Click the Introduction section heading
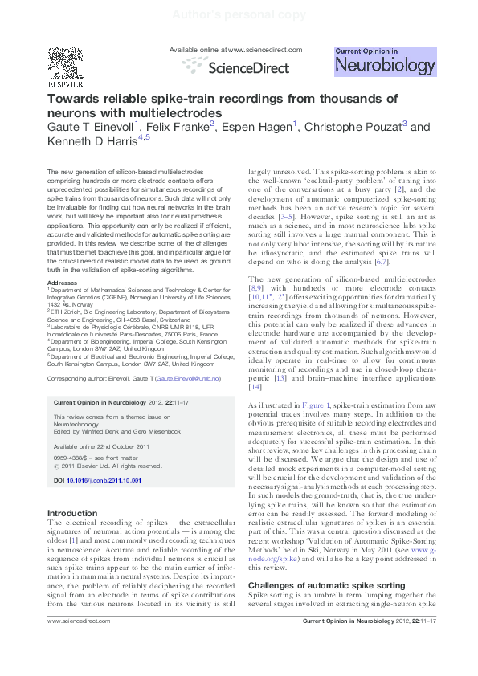pos(72,513)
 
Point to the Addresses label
pos(63,283)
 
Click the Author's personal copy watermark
pos(239,14)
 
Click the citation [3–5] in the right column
pos(286,216)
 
